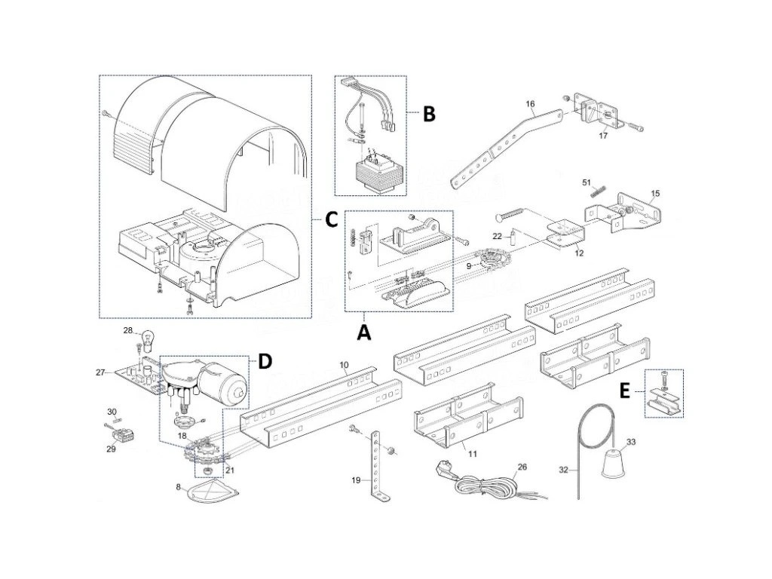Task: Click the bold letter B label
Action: [x=428, y=115]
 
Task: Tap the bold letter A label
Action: [x=365, y=332]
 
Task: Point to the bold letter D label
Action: [x=264, y=362]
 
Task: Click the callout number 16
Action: [x=530, y=103]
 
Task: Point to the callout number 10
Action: [x=344, y=366]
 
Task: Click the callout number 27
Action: [x=101, y=371]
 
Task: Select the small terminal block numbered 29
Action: [x=121, y=437]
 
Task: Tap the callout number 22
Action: [x=496, y=237]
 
